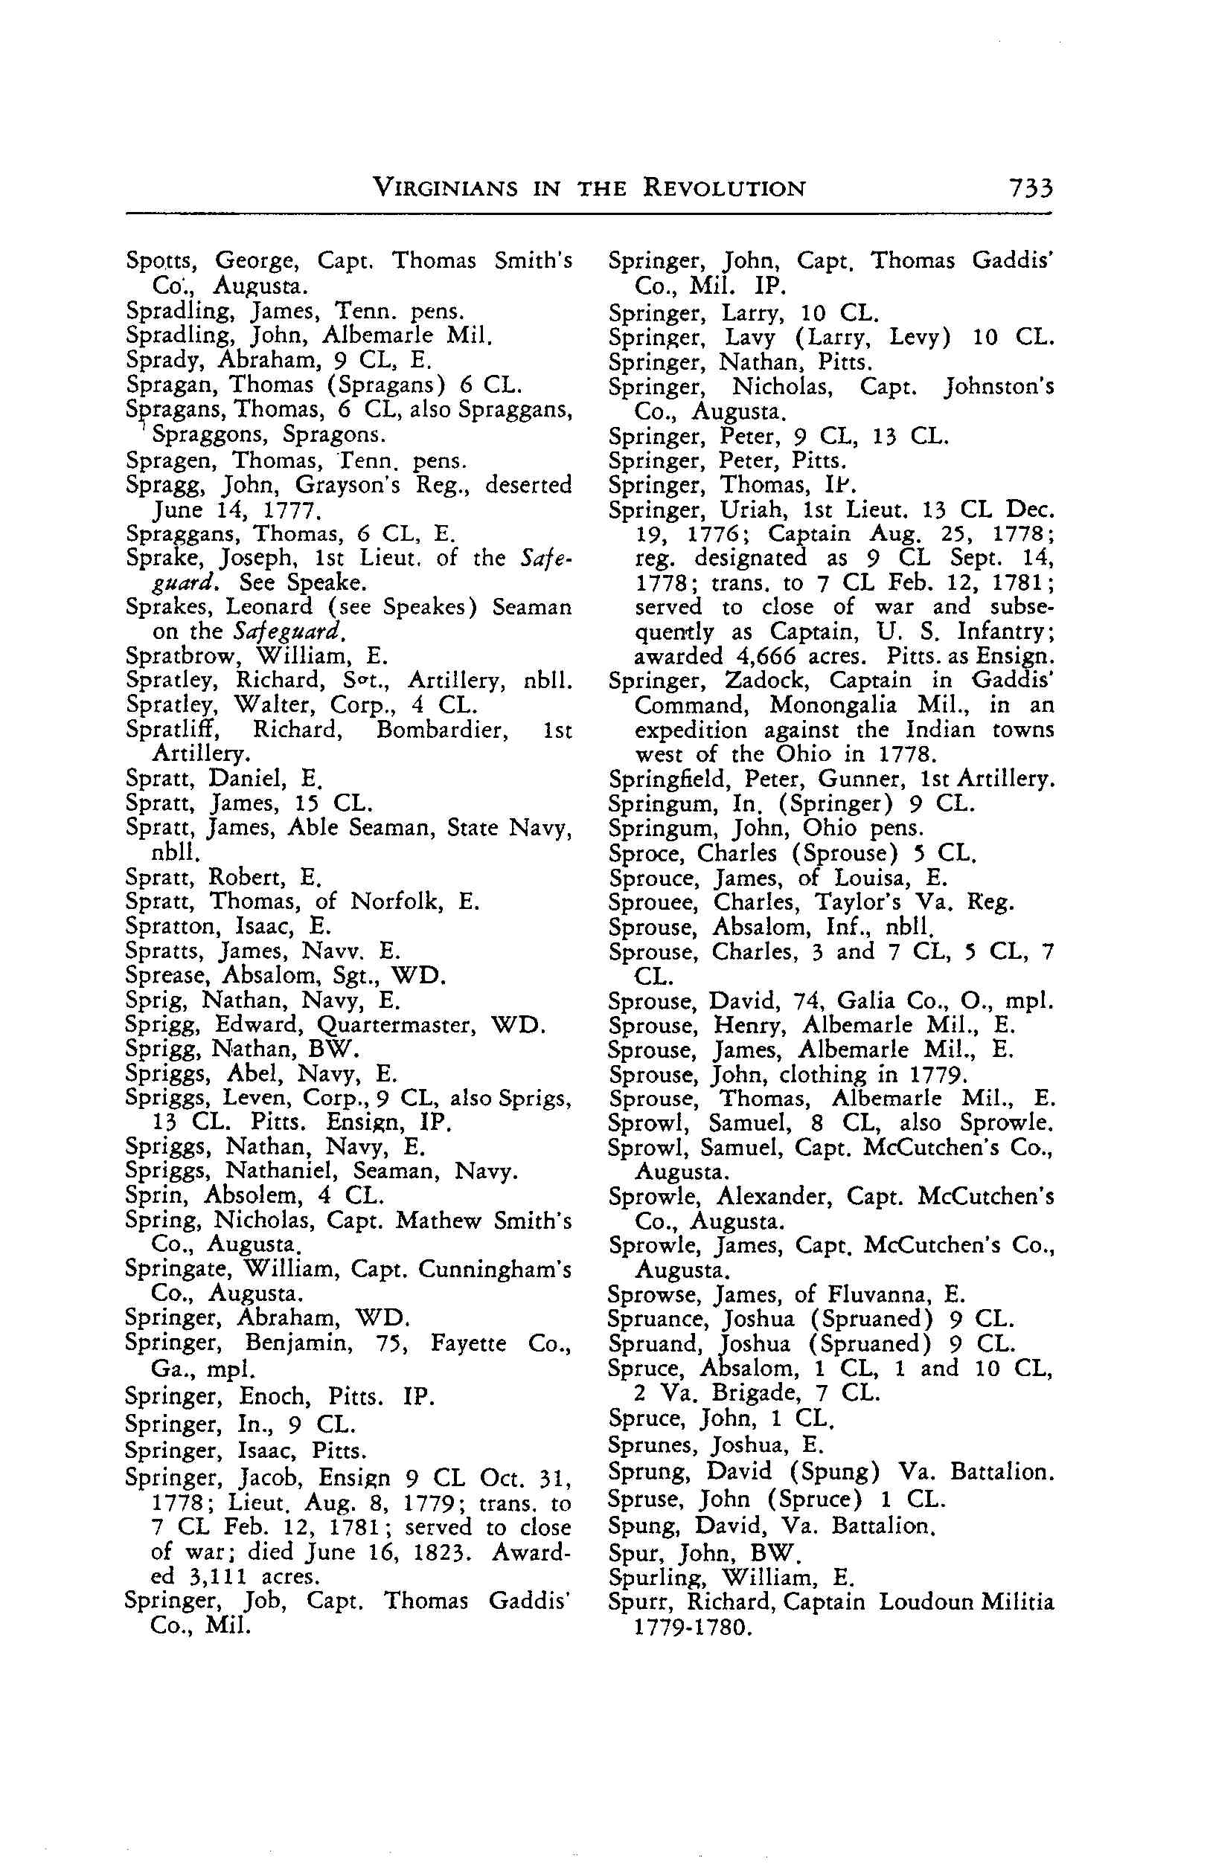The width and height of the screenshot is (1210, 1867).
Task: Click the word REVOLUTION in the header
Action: pos(724,189)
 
